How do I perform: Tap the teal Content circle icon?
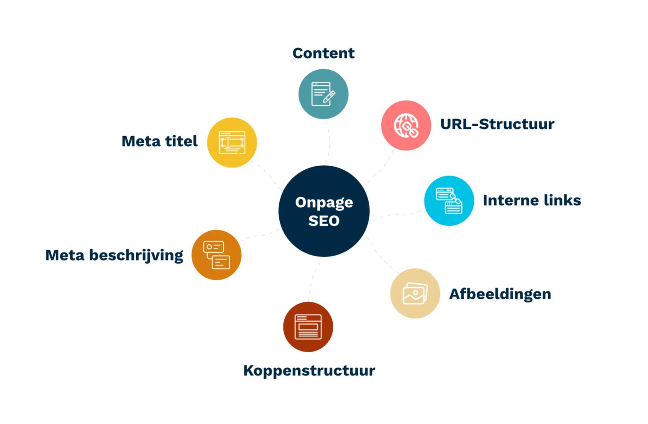pos(323,94)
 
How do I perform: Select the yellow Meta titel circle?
pos(232,142)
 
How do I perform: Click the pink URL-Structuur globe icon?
pos(406,125)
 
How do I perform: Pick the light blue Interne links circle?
pos(449,200)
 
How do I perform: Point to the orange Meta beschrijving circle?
pos(216,255)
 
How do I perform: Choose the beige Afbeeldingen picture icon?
pos(415,293)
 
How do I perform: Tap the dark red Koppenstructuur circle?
pos(308,327)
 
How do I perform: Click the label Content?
pos(323,53)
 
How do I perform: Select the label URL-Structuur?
pos(497,124)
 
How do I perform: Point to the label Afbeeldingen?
pos(500,294)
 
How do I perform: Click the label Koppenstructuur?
pos(309,371)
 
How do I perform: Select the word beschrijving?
pos(136,256)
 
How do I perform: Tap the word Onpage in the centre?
pos(324,203)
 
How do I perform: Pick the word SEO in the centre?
pos(324,221)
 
